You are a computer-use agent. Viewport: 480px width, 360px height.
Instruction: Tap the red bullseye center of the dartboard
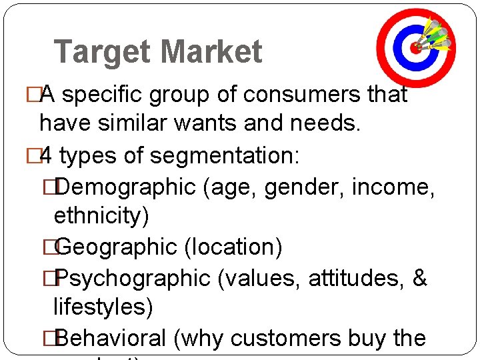415,47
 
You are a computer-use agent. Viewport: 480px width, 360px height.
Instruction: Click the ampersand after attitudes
419,278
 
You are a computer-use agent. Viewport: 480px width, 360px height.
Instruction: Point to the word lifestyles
103,307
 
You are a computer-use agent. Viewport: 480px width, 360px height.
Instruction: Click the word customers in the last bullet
287,338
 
